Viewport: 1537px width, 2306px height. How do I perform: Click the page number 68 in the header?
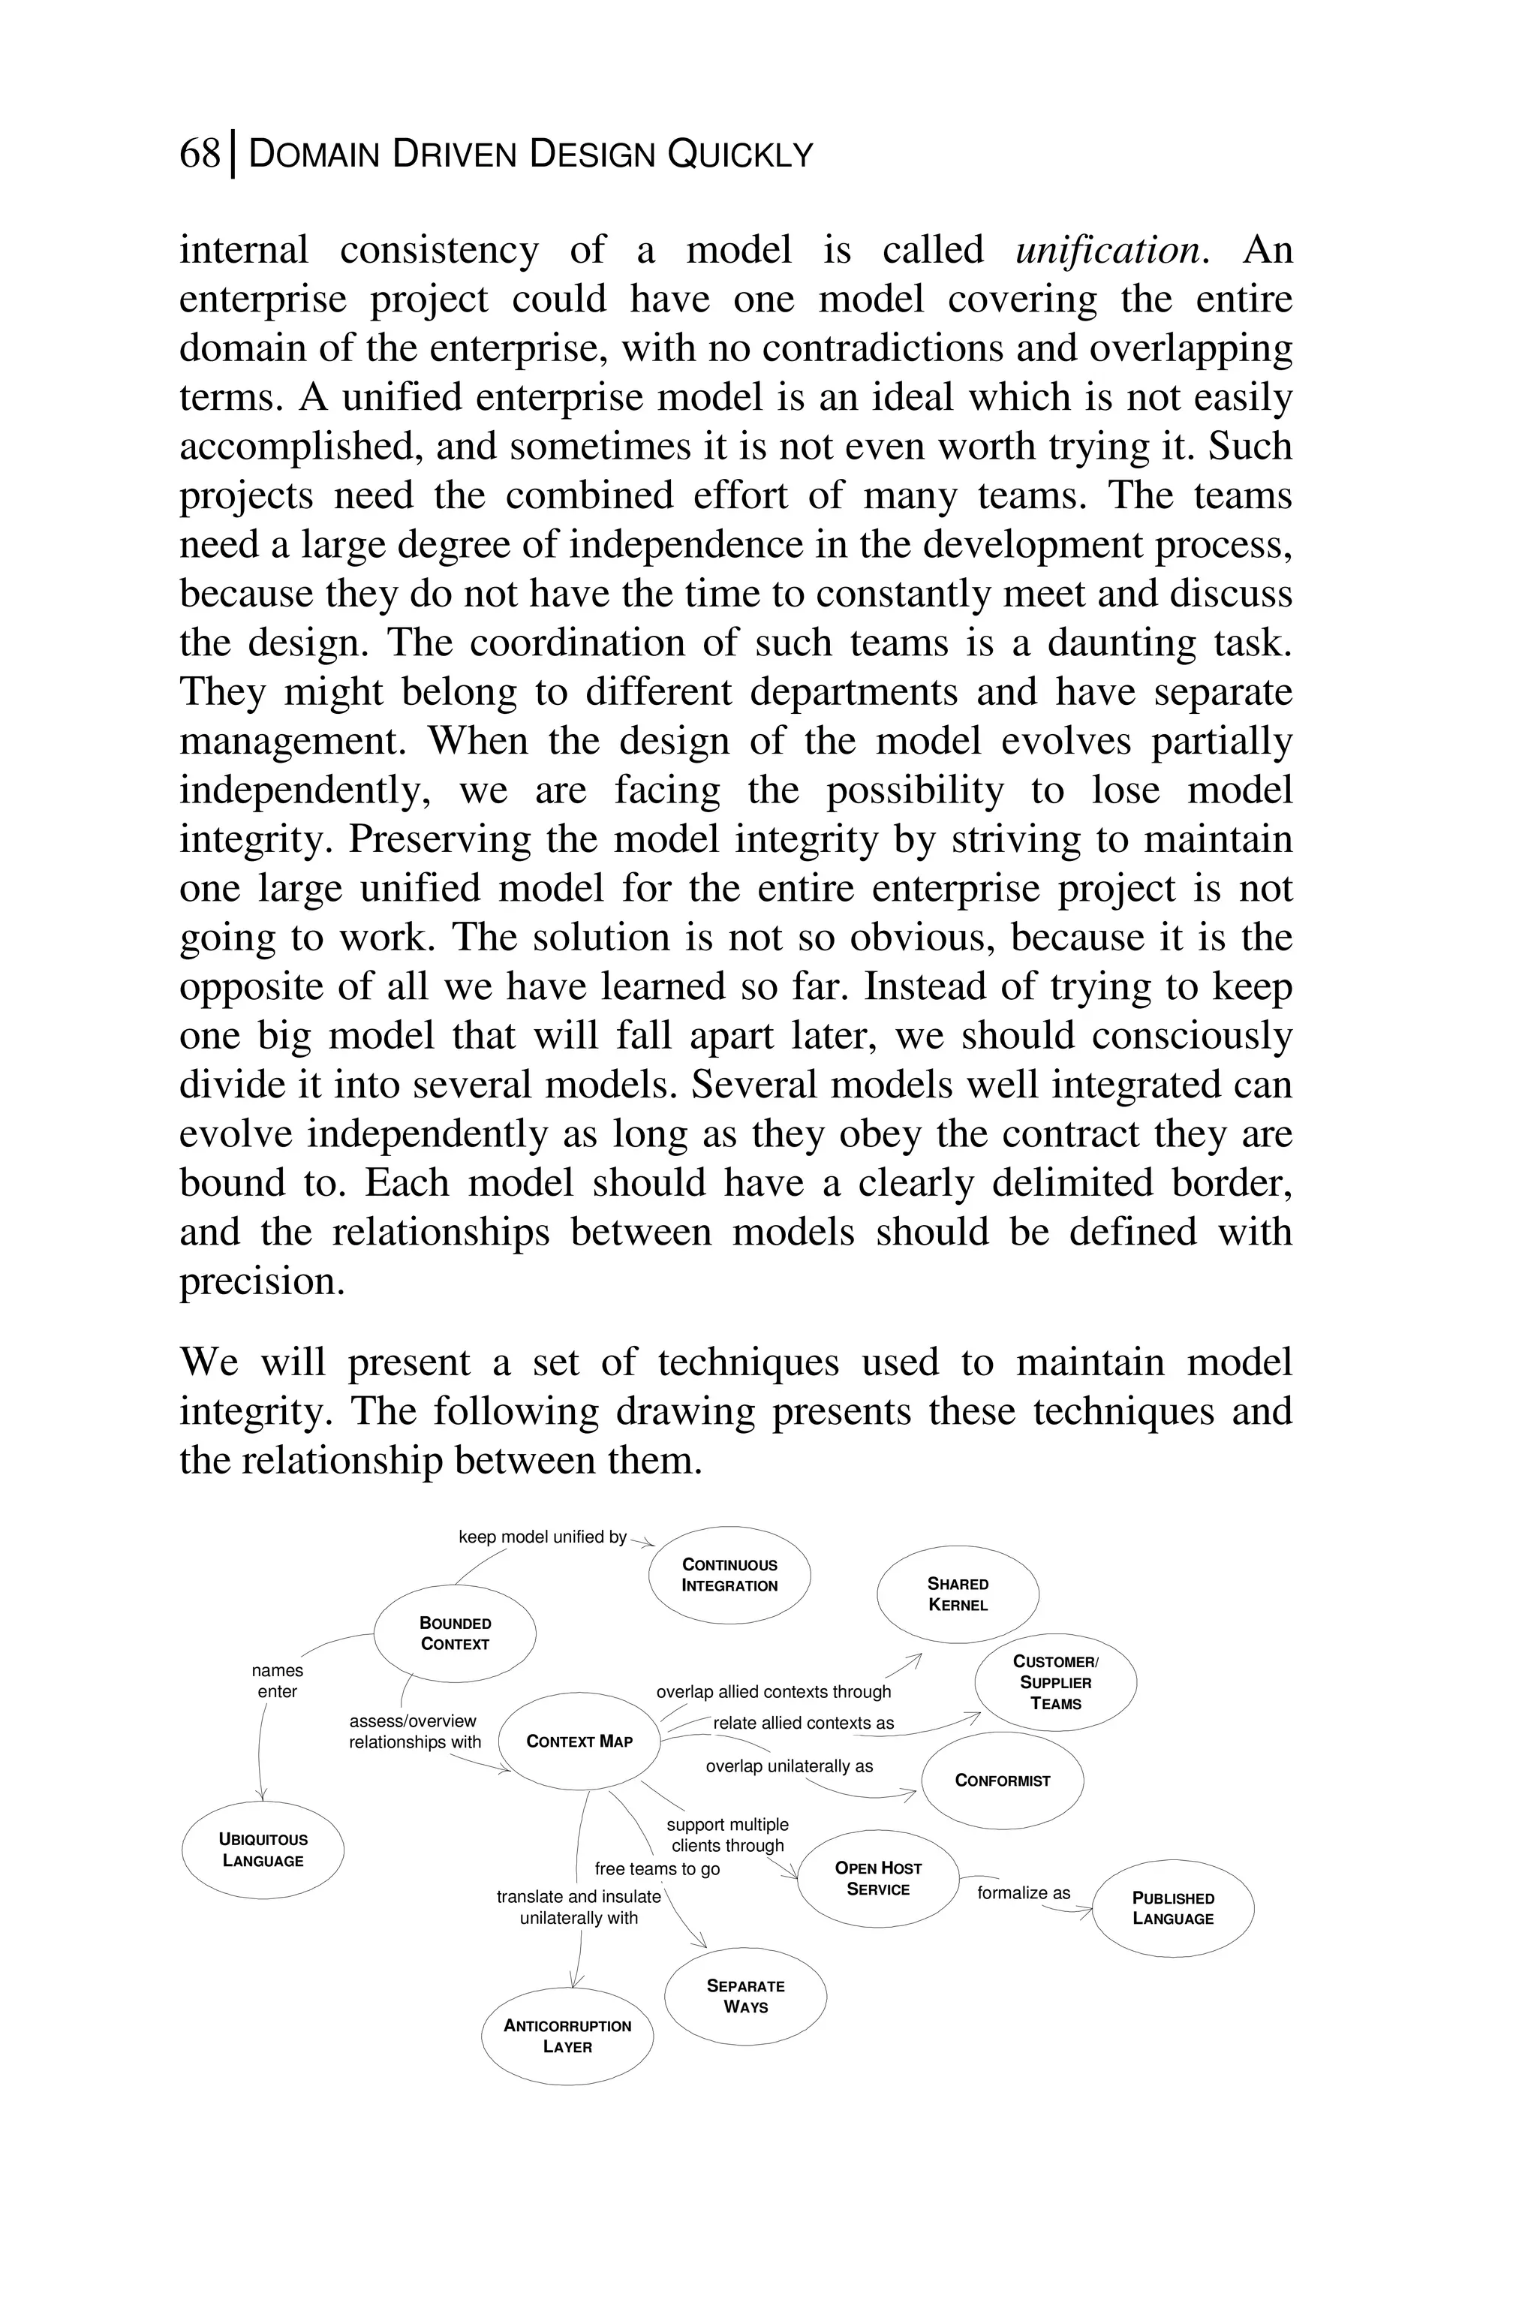point(200,154)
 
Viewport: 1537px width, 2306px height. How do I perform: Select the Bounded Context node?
point(455,1633)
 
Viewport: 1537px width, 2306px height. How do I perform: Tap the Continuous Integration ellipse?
point(729,1575)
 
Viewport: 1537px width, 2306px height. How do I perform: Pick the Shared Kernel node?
point(958,1594)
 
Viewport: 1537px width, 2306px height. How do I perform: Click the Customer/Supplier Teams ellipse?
point(1056,1682)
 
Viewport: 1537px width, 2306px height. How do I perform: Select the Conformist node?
point(1002,1781)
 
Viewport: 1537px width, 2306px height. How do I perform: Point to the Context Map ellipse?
point(579,1742)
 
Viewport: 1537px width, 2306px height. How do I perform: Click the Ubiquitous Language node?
point(263,1850)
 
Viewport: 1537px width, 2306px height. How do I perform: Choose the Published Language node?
point(1172,1908)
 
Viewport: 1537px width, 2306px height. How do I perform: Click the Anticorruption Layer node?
point(567,2037)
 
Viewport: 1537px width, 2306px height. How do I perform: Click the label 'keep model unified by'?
point(542,1537)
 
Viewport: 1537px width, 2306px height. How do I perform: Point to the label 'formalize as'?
point(1024,1892)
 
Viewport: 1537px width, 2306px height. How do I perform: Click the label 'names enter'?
point(278,1681)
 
